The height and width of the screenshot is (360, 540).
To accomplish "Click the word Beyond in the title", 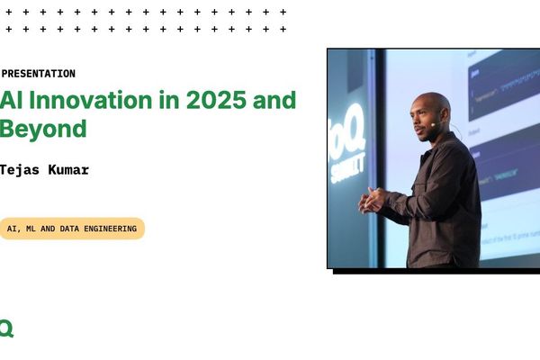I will click(43, 128).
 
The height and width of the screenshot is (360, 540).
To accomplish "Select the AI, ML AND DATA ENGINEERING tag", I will click(72, 229).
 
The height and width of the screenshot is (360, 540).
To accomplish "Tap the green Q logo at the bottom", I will click(5, 328).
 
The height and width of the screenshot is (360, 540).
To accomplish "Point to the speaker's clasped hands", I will click(372, 200).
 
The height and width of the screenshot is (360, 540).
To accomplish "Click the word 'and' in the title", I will click(276, 100).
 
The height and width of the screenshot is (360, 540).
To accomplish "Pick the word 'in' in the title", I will click(168, 100).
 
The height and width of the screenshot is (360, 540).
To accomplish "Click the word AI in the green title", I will click(11, 100).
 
